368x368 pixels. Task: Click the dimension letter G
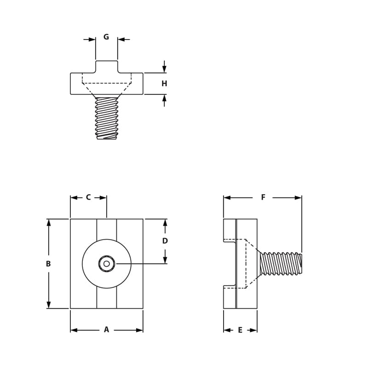click(x=106, y=37)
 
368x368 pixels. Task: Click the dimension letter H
click(x=164, y=84)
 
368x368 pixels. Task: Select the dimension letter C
click(x=88, y=197)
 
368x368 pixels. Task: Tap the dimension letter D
click(x=165, y=241)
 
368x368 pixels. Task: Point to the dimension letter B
click(x=48, y=264)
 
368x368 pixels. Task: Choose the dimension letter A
click(x=106, y=330)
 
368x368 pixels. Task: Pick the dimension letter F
click(x=263, y=197)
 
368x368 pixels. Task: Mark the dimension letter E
click(x=240, y=330)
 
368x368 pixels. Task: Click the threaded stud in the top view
click(x=107, y=118)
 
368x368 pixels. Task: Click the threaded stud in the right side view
click(x=281, y=264)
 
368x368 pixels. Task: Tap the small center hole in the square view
click(x=107, y=264)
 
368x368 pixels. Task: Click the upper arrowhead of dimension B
click(x=48, y=223)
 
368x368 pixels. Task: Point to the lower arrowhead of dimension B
click(x=48, y=305)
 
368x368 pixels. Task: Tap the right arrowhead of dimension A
click(x=139, y=330)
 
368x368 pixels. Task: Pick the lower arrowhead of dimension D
click(x=165, y=260)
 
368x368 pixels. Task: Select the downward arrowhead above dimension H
click(x=164, y=69)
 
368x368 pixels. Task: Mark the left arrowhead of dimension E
click(x=227, y=330)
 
